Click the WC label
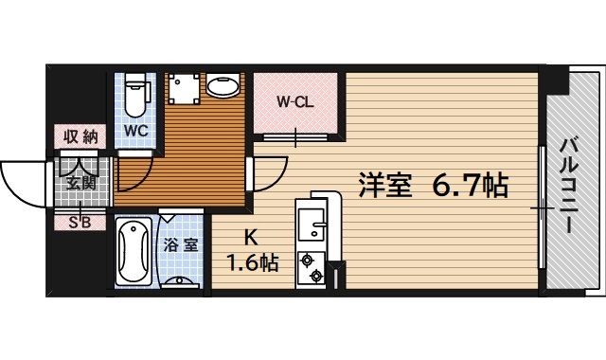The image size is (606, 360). [x=134, y=130]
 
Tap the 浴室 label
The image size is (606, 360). [x=181, y=244]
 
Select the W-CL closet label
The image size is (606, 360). [x=294, y=101]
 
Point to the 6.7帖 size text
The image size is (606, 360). [x=471, y=184]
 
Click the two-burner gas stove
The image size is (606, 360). [x=310, y=267]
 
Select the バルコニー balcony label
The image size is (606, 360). [x=569, y=185]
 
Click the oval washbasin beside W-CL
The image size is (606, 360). [x=223, y=88]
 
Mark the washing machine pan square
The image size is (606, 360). [x=183, y=89]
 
